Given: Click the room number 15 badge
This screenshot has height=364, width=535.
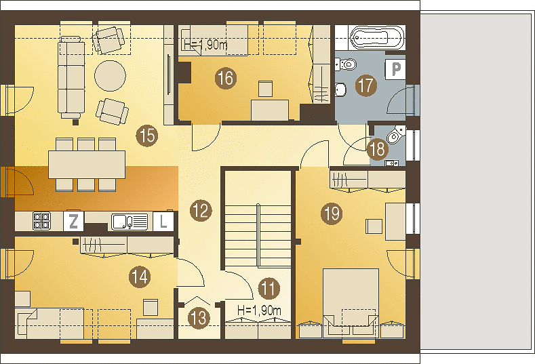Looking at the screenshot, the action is pos(147,136).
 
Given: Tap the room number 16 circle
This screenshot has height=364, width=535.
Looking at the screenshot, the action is pos(226,78).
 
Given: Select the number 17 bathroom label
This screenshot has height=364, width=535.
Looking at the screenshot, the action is pos(366,85).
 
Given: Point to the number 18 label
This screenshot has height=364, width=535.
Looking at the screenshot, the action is pos(378,149).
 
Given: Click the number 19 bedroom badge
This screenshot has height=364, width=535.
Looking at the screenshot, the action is pos(332,214).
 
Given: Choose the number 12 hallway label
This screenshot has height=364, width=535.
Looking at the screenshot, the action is pos(201,211).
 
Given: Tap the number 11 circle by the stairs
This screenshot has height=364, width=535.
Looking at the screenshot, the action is pos(269,288).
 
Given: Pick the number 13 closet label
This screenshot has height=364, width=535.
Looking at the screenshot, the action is pos(199,318).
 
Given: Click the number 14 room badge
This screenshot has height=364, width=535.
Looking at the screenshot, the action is pos(140,277).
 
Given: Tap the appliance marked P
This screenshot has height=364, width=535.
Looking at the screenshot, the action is pos(395,69).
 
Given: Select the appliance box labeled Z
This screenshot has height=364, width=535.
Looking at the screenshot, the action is pos(73,222).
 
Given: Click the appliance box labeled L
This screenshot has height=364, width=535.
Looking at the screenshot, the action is pos(163,222).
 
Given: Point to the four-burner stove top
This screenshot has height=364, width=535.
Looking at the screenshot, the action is pos(41,221).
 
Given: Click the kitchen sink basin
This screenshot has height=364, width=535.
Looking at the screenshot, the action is pos(130,222).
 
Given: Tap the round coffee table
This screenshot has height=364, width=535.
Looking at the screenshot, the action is pos(110,76).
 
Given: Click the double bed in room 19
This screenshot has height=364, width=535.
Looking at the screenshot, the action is pos(351,302).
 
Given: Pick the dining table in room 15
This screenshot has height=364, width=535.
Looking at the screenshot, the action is pos(87,165).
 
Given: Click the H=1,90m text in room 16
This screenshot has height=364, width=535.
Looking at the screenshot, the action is pos(205,45).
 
